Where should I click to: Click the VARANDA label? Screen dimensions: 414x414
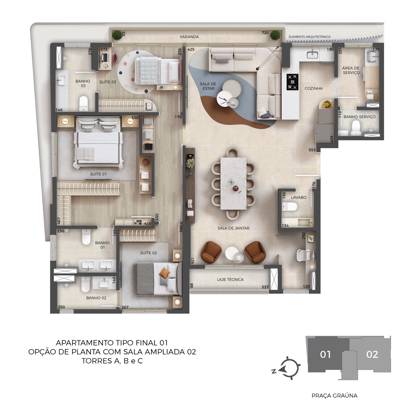pos(189,37)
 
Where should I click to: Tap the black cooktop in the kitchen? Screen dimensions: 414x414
pos(293,82)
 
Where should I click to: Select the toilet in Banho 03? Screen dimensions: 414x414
pos(84,103)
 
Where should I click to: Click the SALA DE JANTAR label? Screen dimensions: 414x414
pos(233,228)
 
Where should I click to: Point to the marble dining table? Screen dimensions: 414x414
pos(233,183)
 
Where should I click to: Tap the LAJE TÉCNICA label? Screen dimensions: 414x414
pos(230,279)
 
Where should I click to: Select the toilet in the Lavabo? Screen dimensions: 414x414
pos(289,207)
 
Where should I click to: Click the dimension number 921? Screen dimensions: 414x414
pos(192,261)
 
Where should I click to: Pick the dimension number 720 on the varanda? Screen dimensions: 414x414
pos(265,33)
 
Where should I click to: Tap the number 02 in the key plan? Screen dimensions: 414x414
pos(372,354)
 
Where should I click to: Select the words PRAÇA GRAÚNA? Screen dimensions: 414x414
pos(334,396)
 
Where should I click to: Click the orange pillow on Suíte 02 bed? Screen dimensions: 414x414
pos(165,273)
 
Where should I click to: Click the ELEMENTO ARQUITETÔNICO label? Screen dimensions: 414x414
pos(310,37)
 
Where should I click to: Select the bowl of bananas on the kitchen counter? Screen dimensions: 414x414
pos(327,104)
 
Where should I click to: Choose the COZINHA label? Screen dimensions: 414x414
pos(314,88)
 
